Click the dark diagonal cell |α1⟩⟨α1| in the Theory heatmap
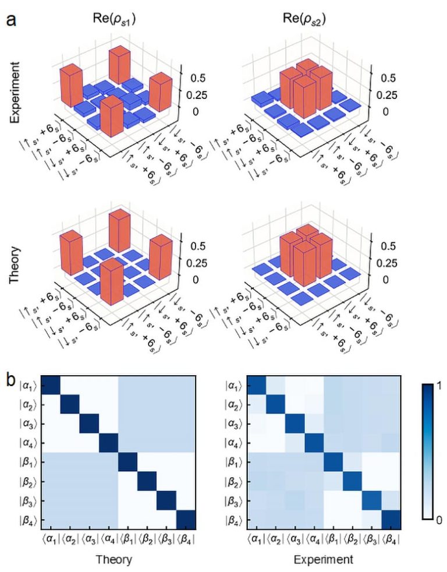(x=52, y=385)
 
